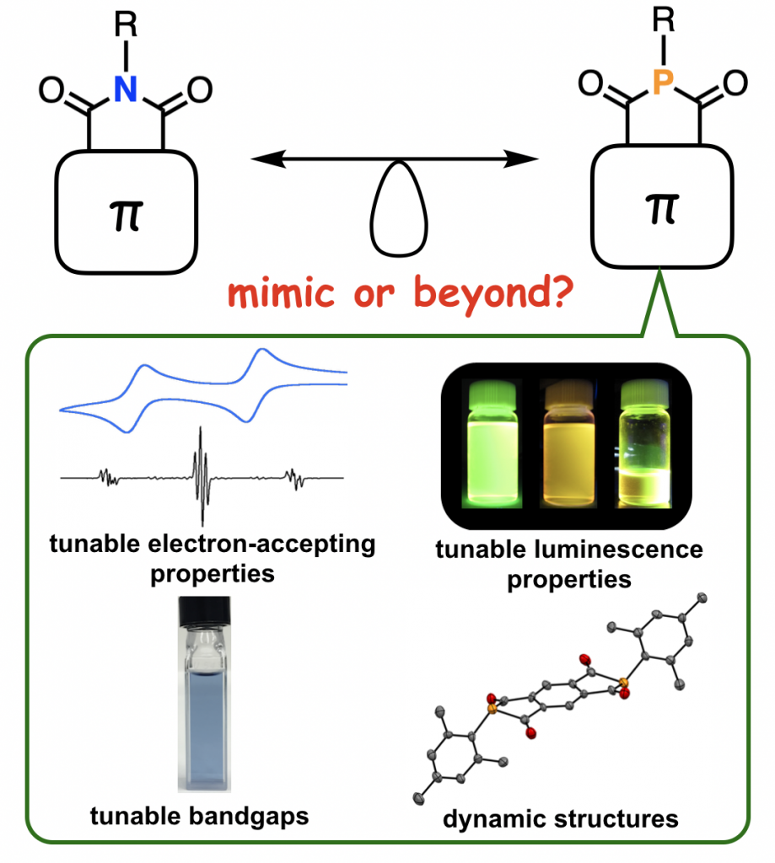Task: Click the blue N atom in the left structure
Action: pyautogui.click(x=126, y=89)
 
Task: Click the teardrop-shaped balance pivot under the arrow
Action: pyautogui.click(x=396, y=215)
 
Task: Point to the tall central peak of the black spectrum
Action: pyautogui.click(x=202, y=476)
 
